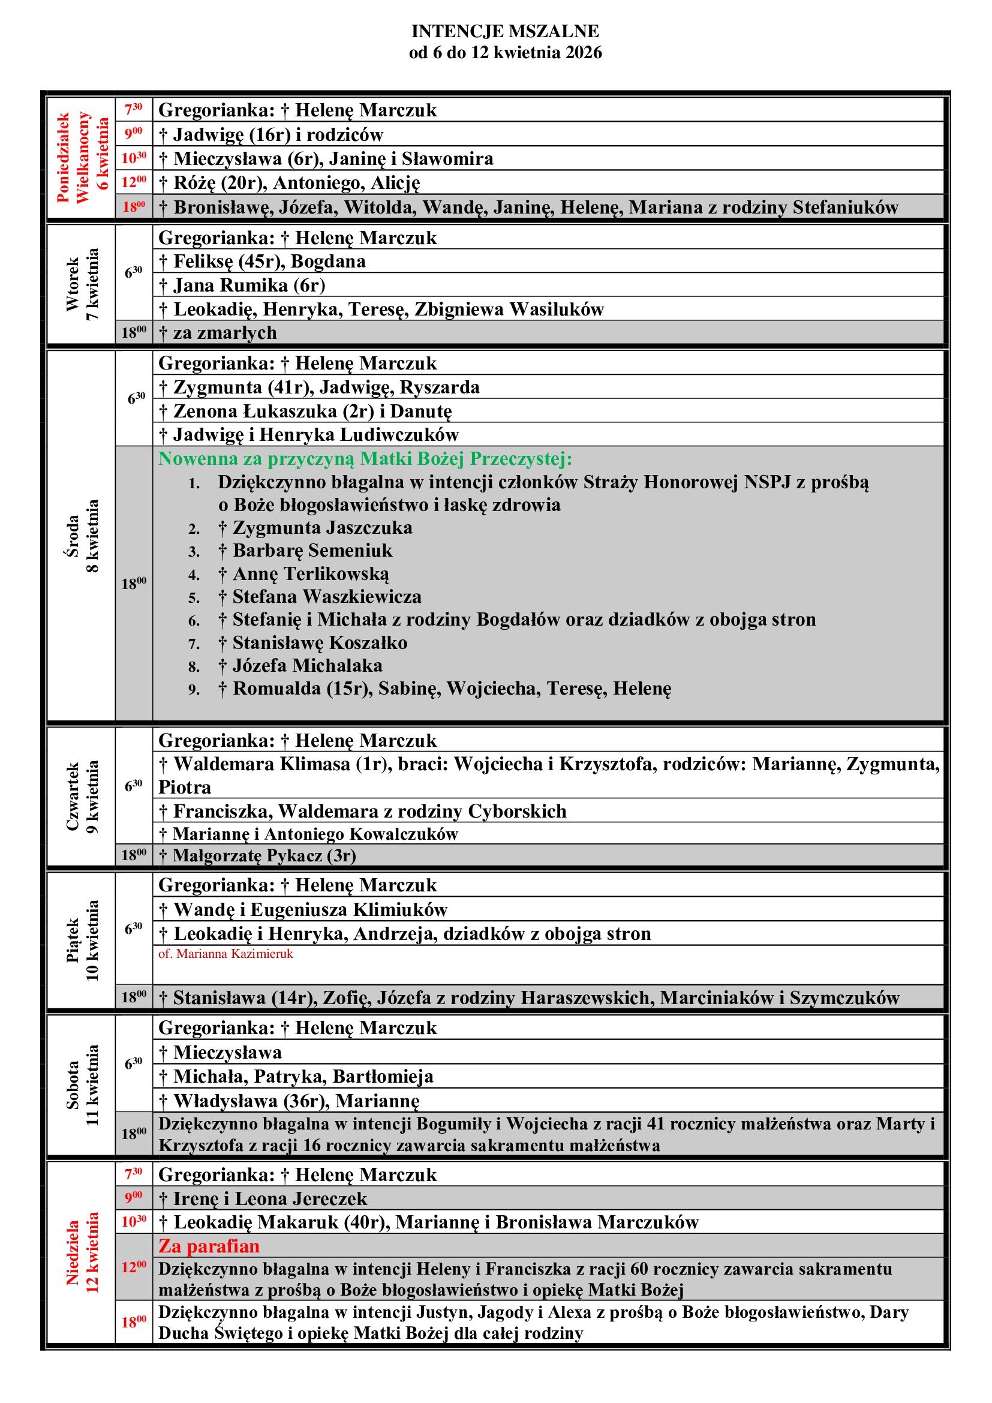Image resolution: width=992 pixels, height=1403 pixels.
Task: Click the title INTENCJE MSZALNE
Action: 504,31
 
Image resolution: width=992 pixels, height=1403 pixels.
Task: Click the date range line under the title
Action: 504,53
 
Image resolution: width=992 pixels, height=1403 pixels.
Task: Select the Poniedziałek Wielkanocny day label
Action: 82,158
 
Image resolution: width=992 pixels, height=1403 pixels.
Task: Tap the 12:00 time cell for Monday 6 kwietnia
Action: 134,182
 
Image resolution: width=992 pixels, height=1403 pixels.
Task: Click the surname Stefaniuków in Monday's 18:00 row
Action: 846,208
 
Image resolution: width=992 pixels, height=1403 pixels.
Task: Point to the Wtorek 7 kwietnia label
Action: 82,284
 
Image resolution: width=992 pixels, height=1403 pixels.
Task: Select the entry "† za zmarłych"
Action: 218,333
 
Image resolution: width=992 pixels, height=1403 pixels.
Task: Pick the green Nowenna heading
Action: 365,458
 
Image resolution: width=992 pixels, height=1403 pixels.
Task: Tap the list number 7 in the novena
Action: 194,644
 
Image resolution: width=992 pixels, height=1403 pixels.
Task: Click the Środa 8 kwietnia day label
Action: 82,536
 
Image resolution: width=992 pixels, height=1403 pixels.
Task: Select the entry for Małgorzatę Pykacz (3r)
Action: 257,855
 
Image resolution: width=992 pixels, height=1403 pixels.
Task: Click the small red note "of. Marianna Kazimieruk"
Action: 226,954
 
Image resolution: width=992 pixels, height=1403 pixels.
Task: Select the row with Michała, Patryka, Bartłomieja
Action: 296,1077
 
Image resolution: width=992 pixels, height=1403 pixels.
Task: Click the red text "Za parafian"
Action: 209,1246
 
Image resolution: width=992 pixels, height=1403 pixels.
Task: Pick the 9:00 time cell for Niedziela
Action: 134,1198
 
